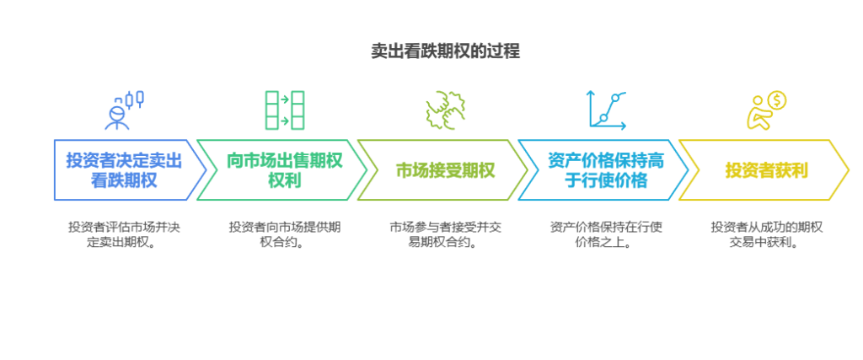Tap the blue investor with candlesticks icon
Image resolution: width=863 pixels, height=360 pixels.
[123, 110]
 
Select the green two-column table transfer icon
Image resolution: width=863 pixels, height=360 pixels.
[285, 110]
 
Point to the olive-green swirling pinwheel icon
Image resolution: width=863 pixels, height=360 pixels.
[446, 110]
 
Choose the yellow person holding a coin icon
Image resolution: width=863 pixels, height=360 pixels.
[766, 110]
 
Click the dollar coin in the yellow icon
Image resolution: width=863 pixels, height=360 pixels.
[776, 101]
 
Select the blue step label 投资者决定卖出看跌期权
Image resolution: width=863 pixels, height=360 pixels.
[123, 169]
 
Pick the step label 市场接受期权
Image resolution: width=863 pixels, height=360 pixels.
[446, 169]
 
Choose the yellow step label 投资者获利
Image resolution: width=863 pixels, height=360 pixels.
[766, 169]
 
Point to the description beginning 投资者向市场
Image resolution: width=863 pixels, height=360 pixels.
[285, 235]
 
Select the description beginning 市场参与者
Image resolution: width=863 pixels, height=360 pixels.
[446, 235]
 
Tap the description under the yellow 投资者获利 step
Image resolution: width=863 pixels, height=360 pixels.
[766, 235]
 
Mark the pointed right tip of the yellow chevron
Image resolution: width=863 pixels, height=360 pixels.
[848, 170]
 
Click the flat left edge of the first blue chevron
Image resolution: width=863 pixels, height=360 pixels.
[54, 170]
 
